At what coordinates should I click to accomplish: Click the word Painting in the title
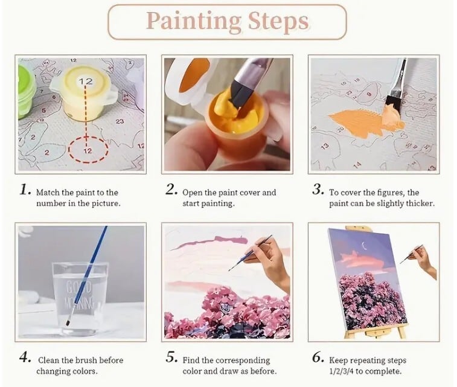[x=194, y=22]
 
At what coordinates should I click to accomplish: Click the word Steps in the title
[x=278, y=22]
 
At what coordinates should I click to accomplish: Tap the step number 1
[x=25, y=190]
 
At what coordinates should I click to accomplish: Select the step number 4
[x=25, y=357]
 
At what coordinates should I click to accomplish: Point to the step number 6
[x=318, y=357]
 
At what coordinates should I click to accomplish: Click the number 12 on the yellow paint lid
[x=85, y=82]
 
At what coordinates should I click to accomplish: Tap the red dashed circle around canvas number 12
[x=88, y=150]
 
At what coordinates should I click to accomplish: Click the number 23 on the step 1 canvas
[x=120, y=121]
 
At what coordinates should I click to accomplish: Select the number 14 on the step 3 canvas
[x=357, y=165]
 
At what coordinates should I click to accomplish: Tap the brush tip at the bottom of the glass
[x=68, y=322]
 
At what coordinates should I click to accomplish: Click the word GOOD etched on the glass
[x=78, y=287]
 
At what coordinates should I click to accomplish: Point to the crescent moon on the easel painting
[x=363, y=246]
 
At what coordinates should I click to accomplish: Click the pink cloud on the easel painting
[x=362, y=260]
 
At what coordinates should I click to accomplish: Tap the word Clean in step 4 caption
[x=49, y=360]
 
